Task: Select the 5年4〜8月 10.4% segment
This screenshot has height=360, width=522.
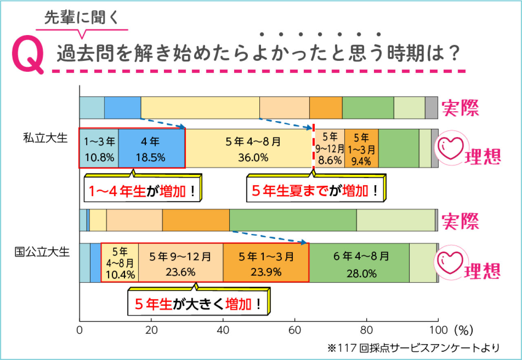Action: click(x=120, y=263)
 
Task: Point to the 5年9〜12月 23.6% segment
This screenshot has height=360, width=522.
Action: click(x=181, y=263)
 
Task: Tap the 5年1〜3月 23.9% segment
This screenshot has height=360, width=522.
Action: click(x=266, y=263)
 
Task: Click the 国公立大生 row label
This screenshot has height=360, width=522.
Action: click(x=42, y=252)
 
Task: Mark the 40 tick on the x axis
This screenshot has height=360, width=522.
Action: click(x=223, y=329)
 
